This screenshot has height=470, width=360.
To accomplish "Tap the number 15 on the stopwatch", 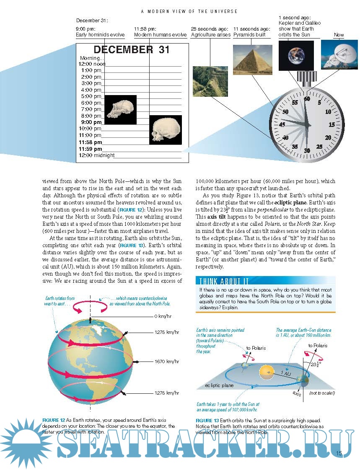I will click(x=332, y=124).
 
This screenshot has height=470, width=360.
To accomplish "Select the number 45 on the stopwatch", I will click(x=282, y=124).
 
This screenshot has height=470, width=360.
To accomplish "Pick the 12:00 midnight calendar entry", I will click(x=97, y=155).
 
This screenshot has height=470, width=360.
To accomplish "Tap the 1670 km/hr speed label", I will click(x=166, y=361).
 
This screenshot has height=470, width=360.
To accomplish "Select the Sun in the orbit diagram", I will click(x=267, y=371).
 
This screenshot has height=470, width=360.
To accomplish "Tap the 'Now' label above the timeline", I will click(x=339, y=35).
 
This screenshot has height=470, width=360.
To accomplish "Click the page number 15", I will click(x=339, y=452).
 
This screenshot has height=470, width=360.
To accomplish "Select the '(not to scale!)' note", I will click(x=322, y=393).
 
